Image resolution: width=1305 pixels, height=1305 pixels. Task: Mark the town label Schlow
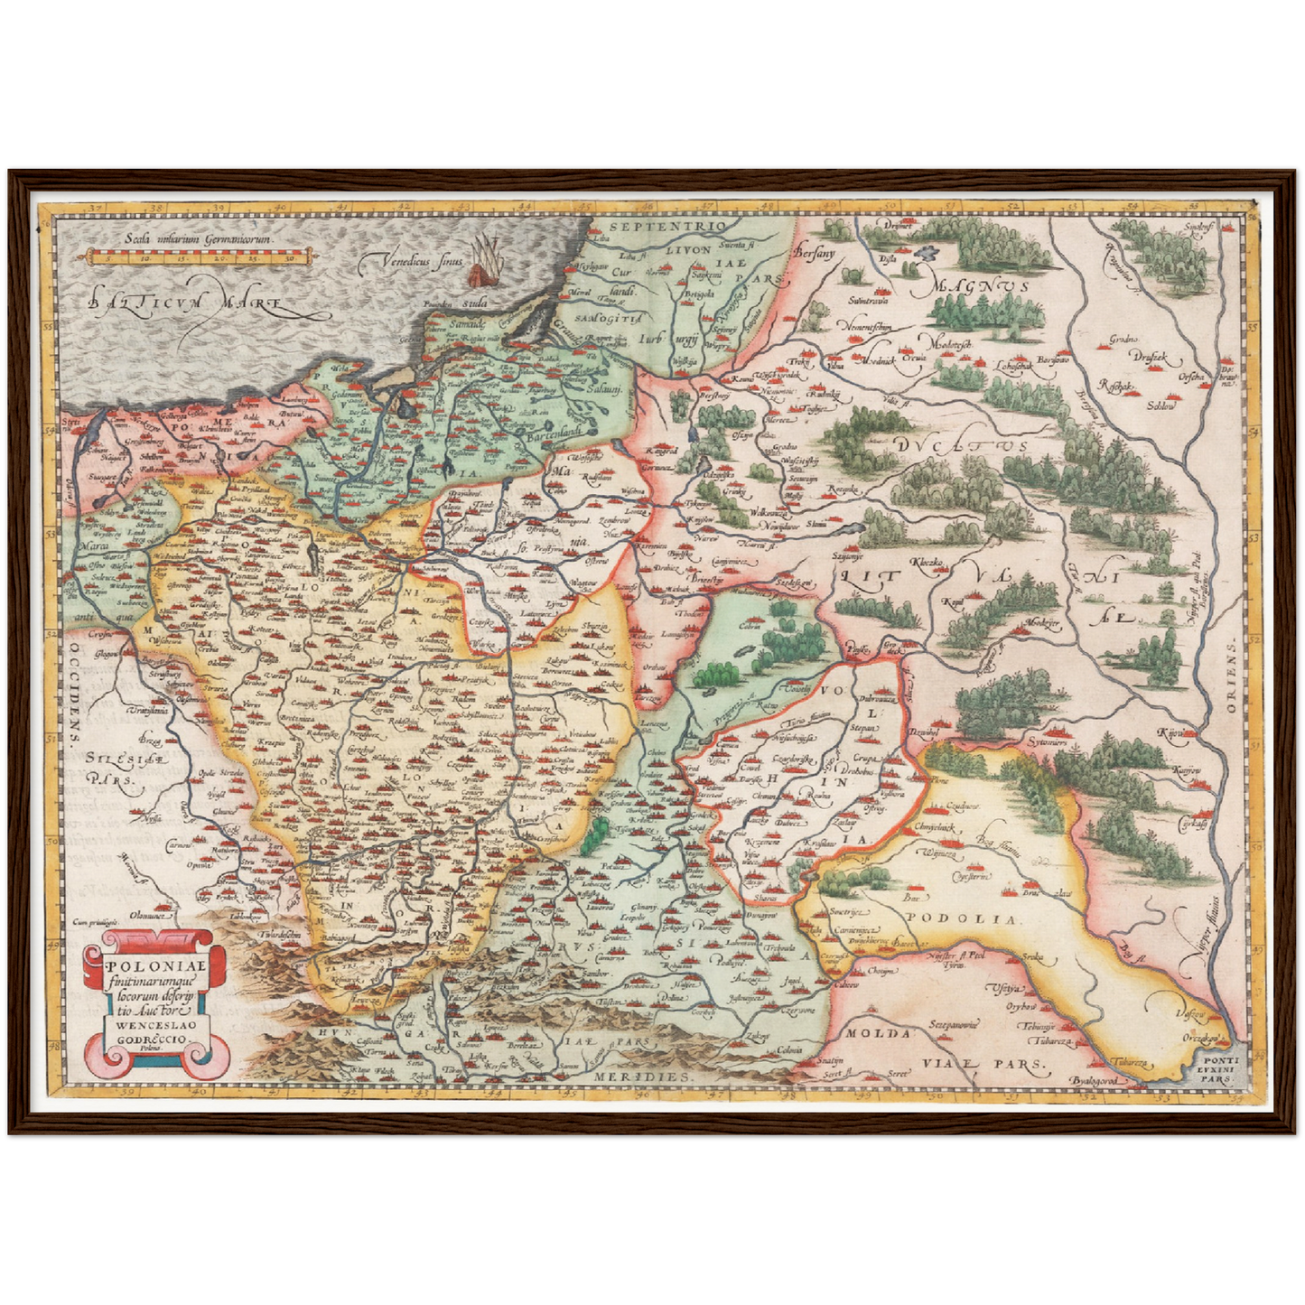coord(1161,406)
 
